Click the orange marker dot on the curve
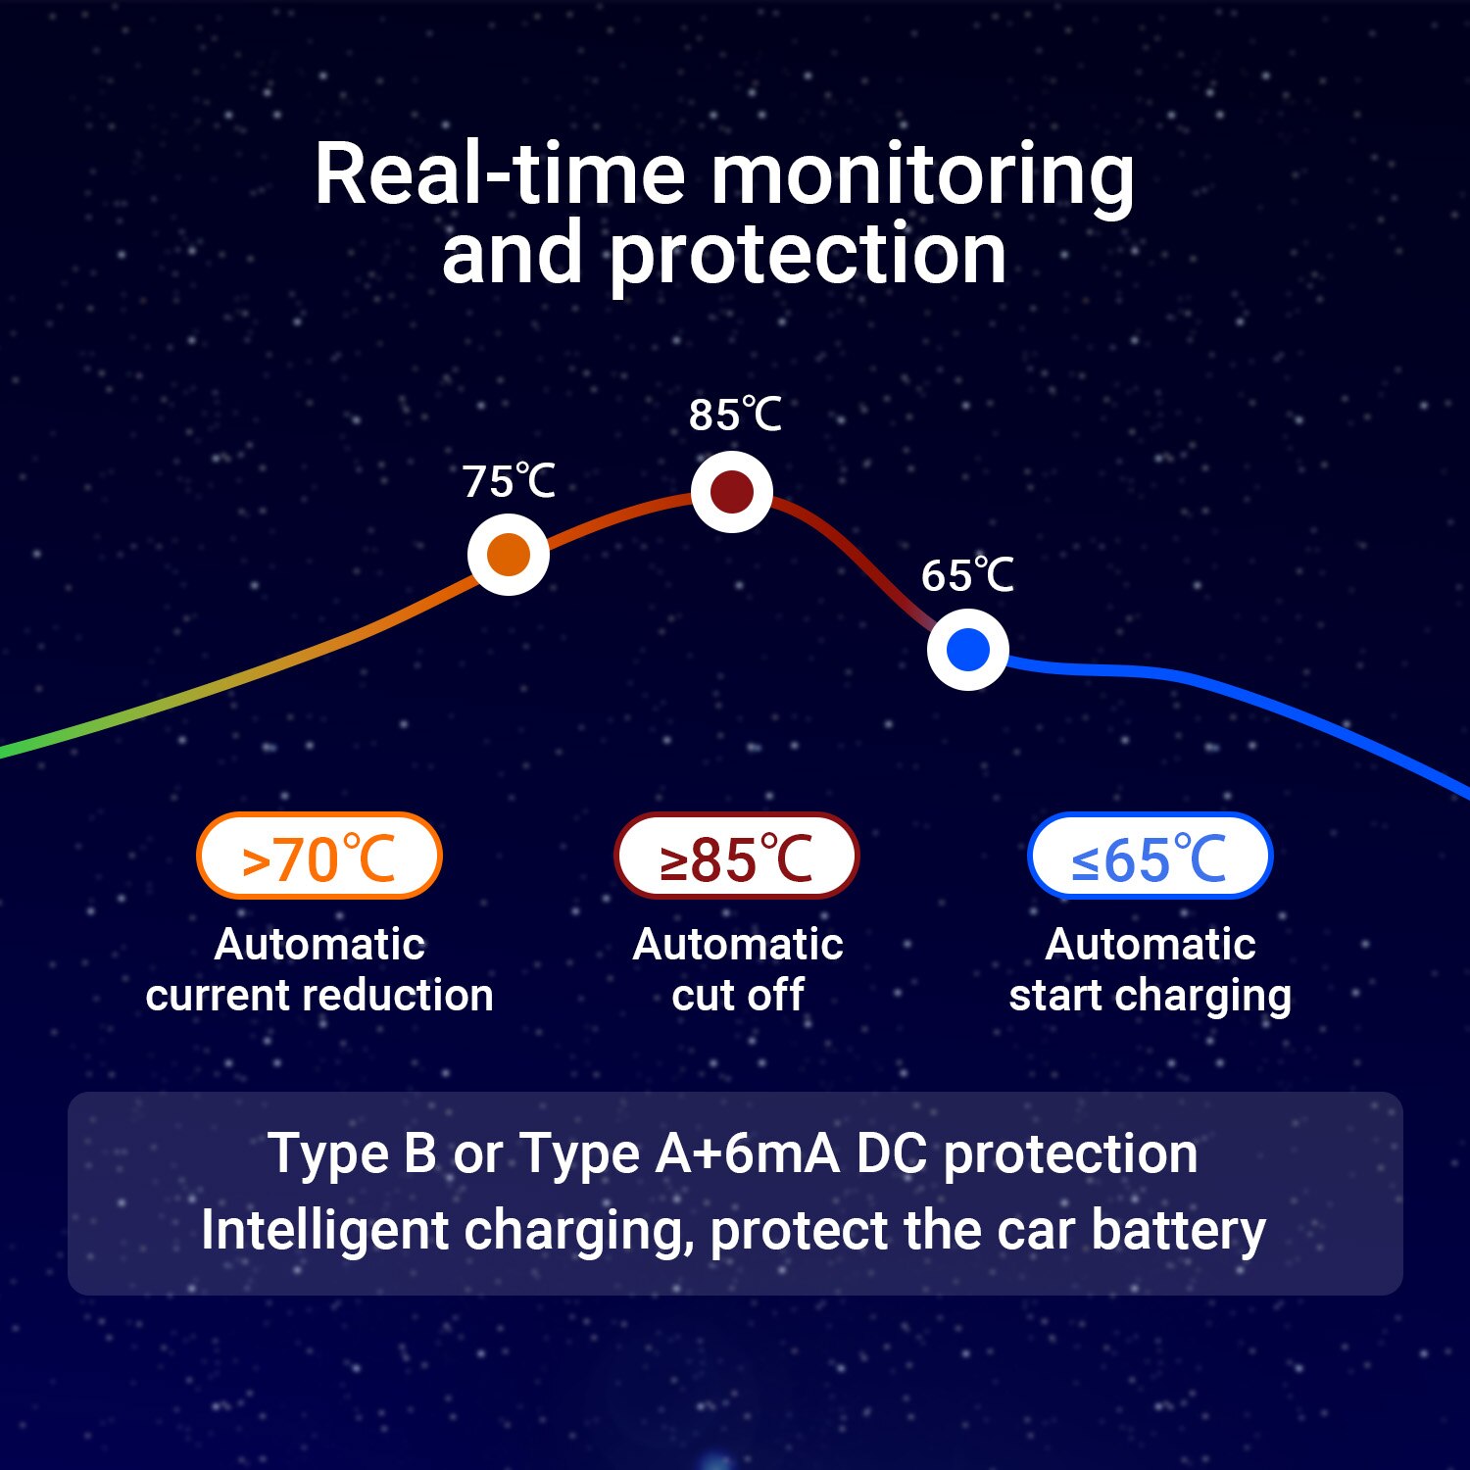[x=509, y=555]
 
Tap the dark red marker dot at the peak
[x=732, y=492]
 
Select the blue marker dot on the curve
[x=968, y=650]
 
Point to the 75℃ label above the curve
[x=509, y=481]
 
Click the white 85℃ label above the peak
[x=735, y=415]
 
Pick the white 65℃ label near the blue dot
[x=967, y=575]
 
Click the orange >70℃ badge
[x=319, y=856]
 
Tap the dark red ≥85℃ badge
[x=736, y=856]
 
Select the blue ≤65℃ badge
[x=1150, y=856]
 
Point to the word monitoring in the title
[x=922, y=177]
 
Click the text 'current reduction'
[x=319, y=995]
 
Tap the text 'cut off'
[x=738, y=995]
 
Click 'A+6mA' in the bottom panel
[x=748, y=1153]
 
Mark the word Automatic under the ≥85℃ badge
[x=738, y=945]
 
